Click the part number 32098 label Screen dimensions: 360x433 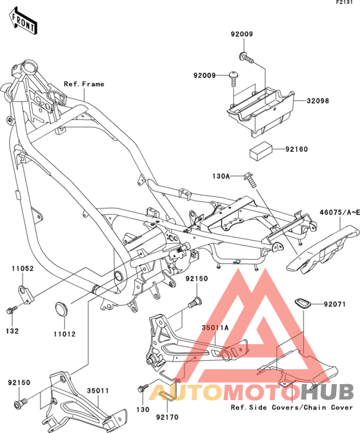(318, 101)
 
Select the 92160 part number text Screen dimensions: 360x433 (296, 149)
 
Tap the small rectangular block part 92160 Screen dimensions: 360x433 (261, 151)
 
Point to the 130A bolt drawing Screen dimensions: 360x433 (249, 180)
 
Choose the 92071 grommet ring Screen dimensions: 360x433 (302, 303)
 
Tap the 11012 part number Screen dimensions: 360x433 (64, 334)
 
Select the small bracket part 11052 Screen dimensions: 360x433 (25, 295)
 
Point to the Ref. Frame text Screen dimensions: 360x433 (84, 84)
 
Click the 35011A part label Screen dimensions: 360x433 (215, 327)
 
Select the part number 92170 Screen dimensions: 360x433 (167, 417)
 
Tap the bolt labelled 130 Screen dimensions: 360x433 (143, 387)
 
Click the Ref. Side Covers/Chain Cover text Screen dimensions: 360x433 (292, 407)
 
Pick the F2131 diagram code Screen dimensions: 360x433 (344, 3)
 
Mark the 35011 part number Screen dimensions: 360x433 (98, 391)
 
